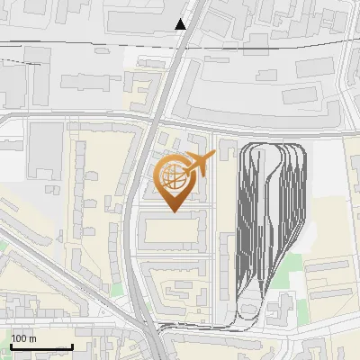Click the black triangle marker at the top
[x=181, y=24]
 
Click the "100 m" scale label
[x=23, y=338]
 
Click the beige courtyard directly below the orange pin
[x=171, y=231]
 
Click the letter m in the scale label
[x=31, y=338]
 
